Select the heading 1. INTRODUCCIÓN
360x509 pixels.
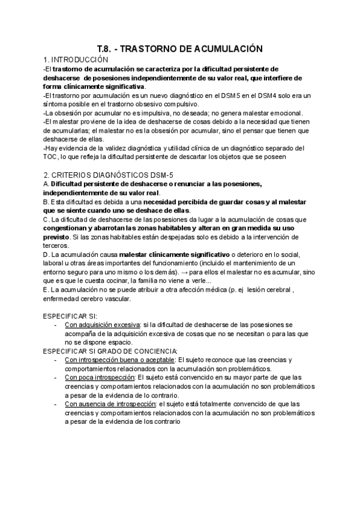(x=76, y=60)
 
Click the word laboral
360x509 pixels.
(x=55, y=263)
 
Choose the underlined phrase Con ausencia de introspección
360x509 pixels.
(x=110, y=404)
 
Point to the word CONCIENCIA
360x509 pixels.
(x=153, y=351)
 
